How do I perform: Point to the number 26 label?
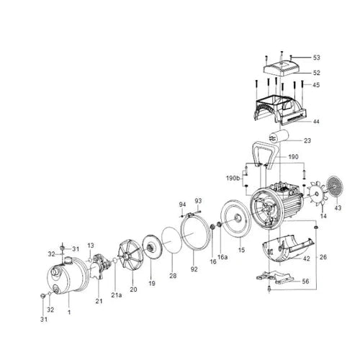click(x=323, y=256)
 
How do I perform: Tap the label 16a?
click(x=222, y=256)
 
